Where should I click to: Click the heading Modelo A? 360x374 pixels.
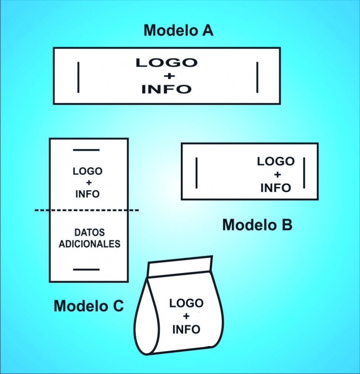[178, 30]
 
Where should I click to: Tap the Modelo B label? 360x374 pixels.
[257, 225]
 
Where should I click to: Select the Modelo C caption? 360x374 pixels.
[89, 306]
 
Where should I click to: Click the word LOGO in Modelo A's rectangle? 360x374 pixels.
[167, 63]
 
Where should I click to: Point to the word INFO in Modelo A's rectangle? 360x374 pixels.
[166, 89]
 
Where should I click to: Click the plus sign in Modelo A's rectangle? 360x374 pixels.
[166, 76]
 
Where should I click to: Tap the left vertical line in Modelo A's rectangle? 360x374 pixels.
[78, 77]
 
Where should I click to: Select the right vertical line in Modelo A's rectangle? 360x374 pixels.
[257, 77]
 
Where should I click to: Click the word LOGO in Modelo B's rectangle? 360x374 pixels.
[276, 161]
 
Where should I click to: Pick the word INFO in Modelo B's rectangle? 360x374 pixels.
[276, 188]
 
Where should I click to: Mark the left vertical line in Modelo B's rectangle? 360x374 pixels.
[196, 172]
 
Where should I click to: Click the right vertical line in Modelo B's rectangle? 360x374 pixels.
[304, 172]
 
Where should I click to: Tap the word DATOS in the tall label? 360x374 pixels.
[89, 233]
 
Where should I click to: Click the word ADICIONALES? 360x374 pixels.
[89, 244]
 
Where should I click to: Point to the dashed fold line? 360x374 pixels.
[87, 210]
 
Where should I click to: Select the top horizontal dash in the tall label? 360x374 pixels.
[86, 150]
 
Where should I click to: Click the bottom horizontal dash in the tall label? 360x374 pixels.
[86, 270]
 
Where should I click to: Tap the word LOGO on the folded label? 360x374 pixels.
[186, 304]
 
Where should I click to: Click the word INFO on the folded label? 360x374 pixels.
[186, 329]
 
